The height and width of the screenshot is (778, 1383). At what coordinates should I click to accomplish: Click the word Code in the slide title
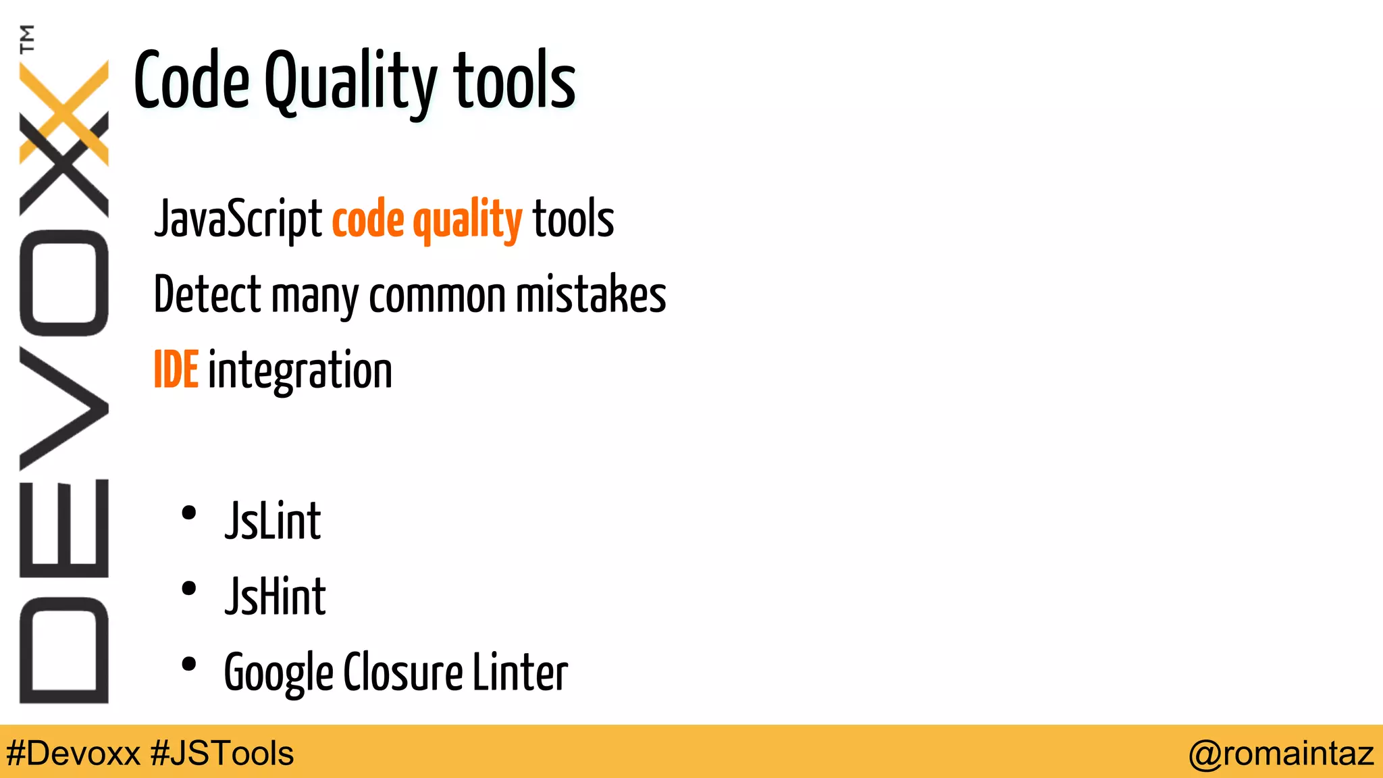tap(192, 82)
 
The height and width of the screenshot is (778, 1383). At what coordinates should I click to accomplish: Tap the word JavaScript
tap(238, 219)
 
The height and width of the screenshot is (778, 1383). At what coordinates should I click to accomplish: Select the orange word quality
tap(467, 220)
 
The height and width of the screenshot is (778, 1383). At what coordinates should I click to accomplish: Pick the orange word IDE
tap(176, 370)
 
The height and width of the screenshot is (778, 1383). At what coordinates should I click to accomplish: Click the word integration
tap(300, 371)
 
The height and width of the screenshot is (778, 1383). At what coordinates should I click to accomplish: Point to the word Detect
tap(207, 295)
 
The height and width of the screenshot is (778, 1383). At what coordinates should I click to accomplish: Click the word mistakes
tap(590, 295)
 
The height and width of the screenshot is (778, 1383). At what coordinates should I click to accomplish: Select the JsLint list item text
tap(273, 521)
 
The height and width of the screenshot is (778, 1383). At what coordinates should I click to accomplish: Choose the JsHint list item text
tap(276, 597)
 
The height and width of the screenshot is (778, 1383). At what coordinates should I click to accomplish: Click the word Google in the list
tap(278, 673)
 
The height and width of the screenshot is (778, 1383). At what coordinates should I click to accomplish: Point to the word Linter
tap(520, 673)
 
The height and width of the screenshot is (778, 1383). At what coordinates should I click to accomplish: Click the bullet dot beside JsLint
tap(189, 513)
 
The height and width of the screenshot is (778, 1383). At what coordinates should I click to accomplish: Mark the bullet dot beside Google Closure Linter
tap(189, 665)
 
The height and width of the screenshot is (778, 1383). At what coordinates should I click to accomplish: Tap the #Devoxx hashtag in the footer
tap(73, 753)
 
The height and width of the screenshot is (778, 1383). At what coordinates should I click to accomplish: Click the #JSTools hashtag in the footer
tap(222, 753)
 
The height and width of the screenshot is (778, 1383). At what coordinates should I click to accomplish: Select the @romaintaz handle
tap(1281, 753)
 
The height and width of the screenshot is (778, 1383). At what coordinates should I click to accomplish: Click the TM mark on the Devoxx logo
tap(27, 38)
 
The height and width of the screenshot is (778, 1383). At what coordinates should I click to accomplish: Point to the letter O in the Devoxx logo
tap(64, 283)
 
